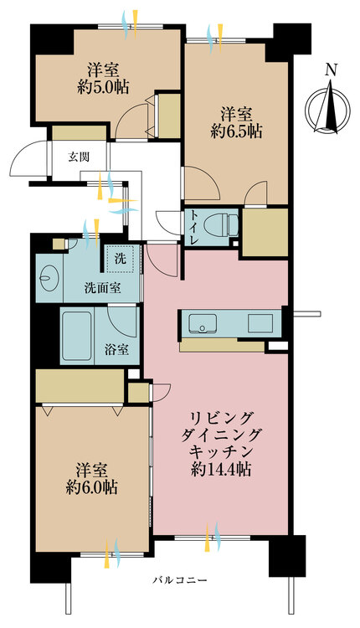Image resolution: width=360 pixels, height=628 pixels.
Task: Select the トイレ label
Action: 192,226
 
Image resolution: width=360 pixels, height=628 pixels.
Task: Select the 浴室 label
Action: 117,349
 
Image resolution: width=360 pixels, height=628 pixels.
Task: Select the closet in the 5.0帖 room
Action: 168,116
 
